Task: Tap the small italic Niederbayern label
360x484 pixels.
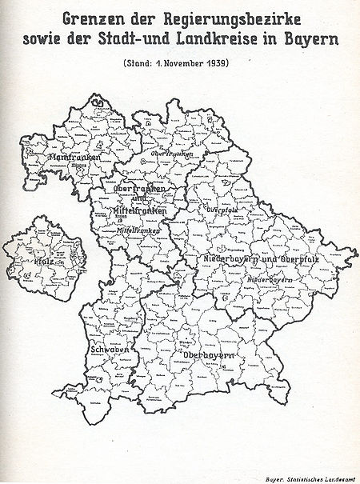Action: click(x=268, y=280)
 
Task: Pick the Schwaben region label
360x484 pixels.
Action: click(x=106, y=350)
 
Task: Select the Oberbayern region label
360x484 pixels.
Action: click(x=208, y=354)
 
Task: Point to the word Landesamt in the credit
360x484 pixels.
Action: click(x=339, y=476)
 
